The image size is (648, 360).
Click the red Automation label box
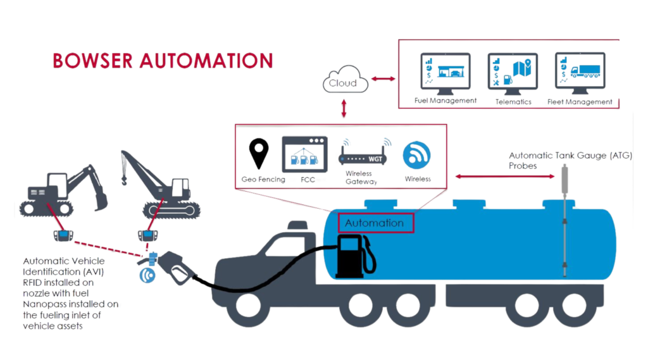point(375,223)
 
